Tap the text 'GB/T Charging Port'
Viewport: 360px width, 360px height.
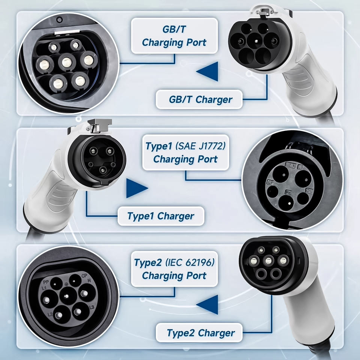pyautogui.click(x=174, y=36)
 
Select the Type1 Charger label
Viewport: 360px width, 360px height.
pyautogui.click(x=161, y=216)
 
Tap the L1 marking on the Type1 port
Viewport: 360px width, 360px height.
pyautogui.click(x=300, y=165)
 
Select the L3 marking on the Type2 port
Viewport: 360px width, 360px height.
pyautogui.click(x=91, y=307)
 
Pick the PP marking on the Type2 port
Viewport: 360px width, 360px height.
pyautogui.click(x=46, y=280)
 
